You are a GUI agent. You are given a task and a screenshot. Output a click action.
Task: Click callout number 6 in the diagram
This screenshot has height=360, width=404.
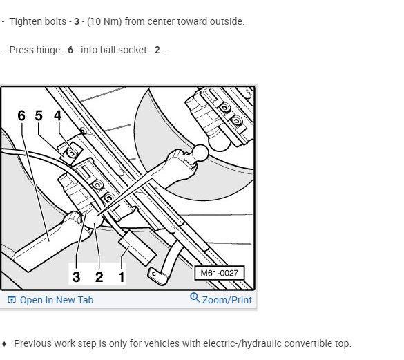pos(21,115)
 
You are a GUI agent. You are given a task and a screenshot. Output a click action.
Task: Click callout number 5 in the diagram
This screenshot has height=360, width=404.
pos(39,115)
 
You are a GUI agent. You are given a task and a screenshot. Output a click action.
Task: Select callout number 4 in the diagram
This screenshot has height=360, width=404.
pos(58,115)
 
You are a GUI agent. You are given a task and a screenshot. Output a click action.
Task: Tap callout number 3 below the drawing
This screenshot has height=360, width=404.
pos(76,277)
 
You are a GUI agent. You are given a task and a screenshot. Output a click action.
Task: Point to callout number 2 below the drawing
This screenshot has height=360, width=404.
pos(99,277)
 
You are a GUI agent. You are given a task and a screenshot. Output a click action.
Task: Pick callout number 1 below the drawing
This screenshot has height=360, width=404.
pos(122,277)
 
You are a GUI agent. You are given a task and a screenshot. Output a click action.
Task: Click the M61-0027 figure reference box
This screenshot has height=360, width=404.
pos(219,273)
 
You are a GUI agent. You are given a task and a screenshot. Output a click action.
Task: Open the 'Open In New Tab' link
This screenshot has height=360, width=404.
pos(57,300)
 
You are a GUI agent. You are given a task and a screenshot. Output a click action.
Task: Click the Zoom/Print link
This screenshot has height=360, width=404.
pos(227,300)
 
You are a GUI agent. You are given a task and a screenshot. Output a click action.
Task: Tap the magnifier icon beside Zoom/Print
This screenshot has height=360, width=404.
pos(195,297)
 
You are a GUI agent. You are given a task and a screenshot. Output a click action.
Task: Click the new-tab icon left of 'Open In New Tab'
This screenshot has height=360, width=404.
pos(12,300)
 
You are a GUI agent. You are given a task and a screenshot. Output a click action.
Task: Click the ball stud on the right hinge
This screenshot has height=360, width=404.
pos(200,153)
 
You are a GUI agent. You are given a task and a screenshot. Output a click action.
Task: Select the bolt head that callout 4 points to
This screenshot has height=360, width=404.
pos(72,153)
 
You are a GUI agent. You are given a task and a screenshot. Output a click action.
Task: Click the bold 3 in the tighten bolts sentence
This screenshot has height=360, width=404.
pos(76,21)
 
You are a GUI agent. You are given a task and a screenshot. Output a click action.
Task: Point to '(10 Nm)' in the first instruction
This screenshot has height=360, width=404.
pos(104,21)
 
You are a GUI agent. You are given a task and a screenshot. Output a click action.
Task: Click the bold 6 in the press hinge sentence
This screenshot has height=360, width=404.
pos(70,50)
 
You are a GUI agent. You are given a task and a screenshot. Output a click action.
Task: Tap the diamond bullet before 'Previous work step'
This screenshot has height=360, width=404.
pos(4,343)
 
